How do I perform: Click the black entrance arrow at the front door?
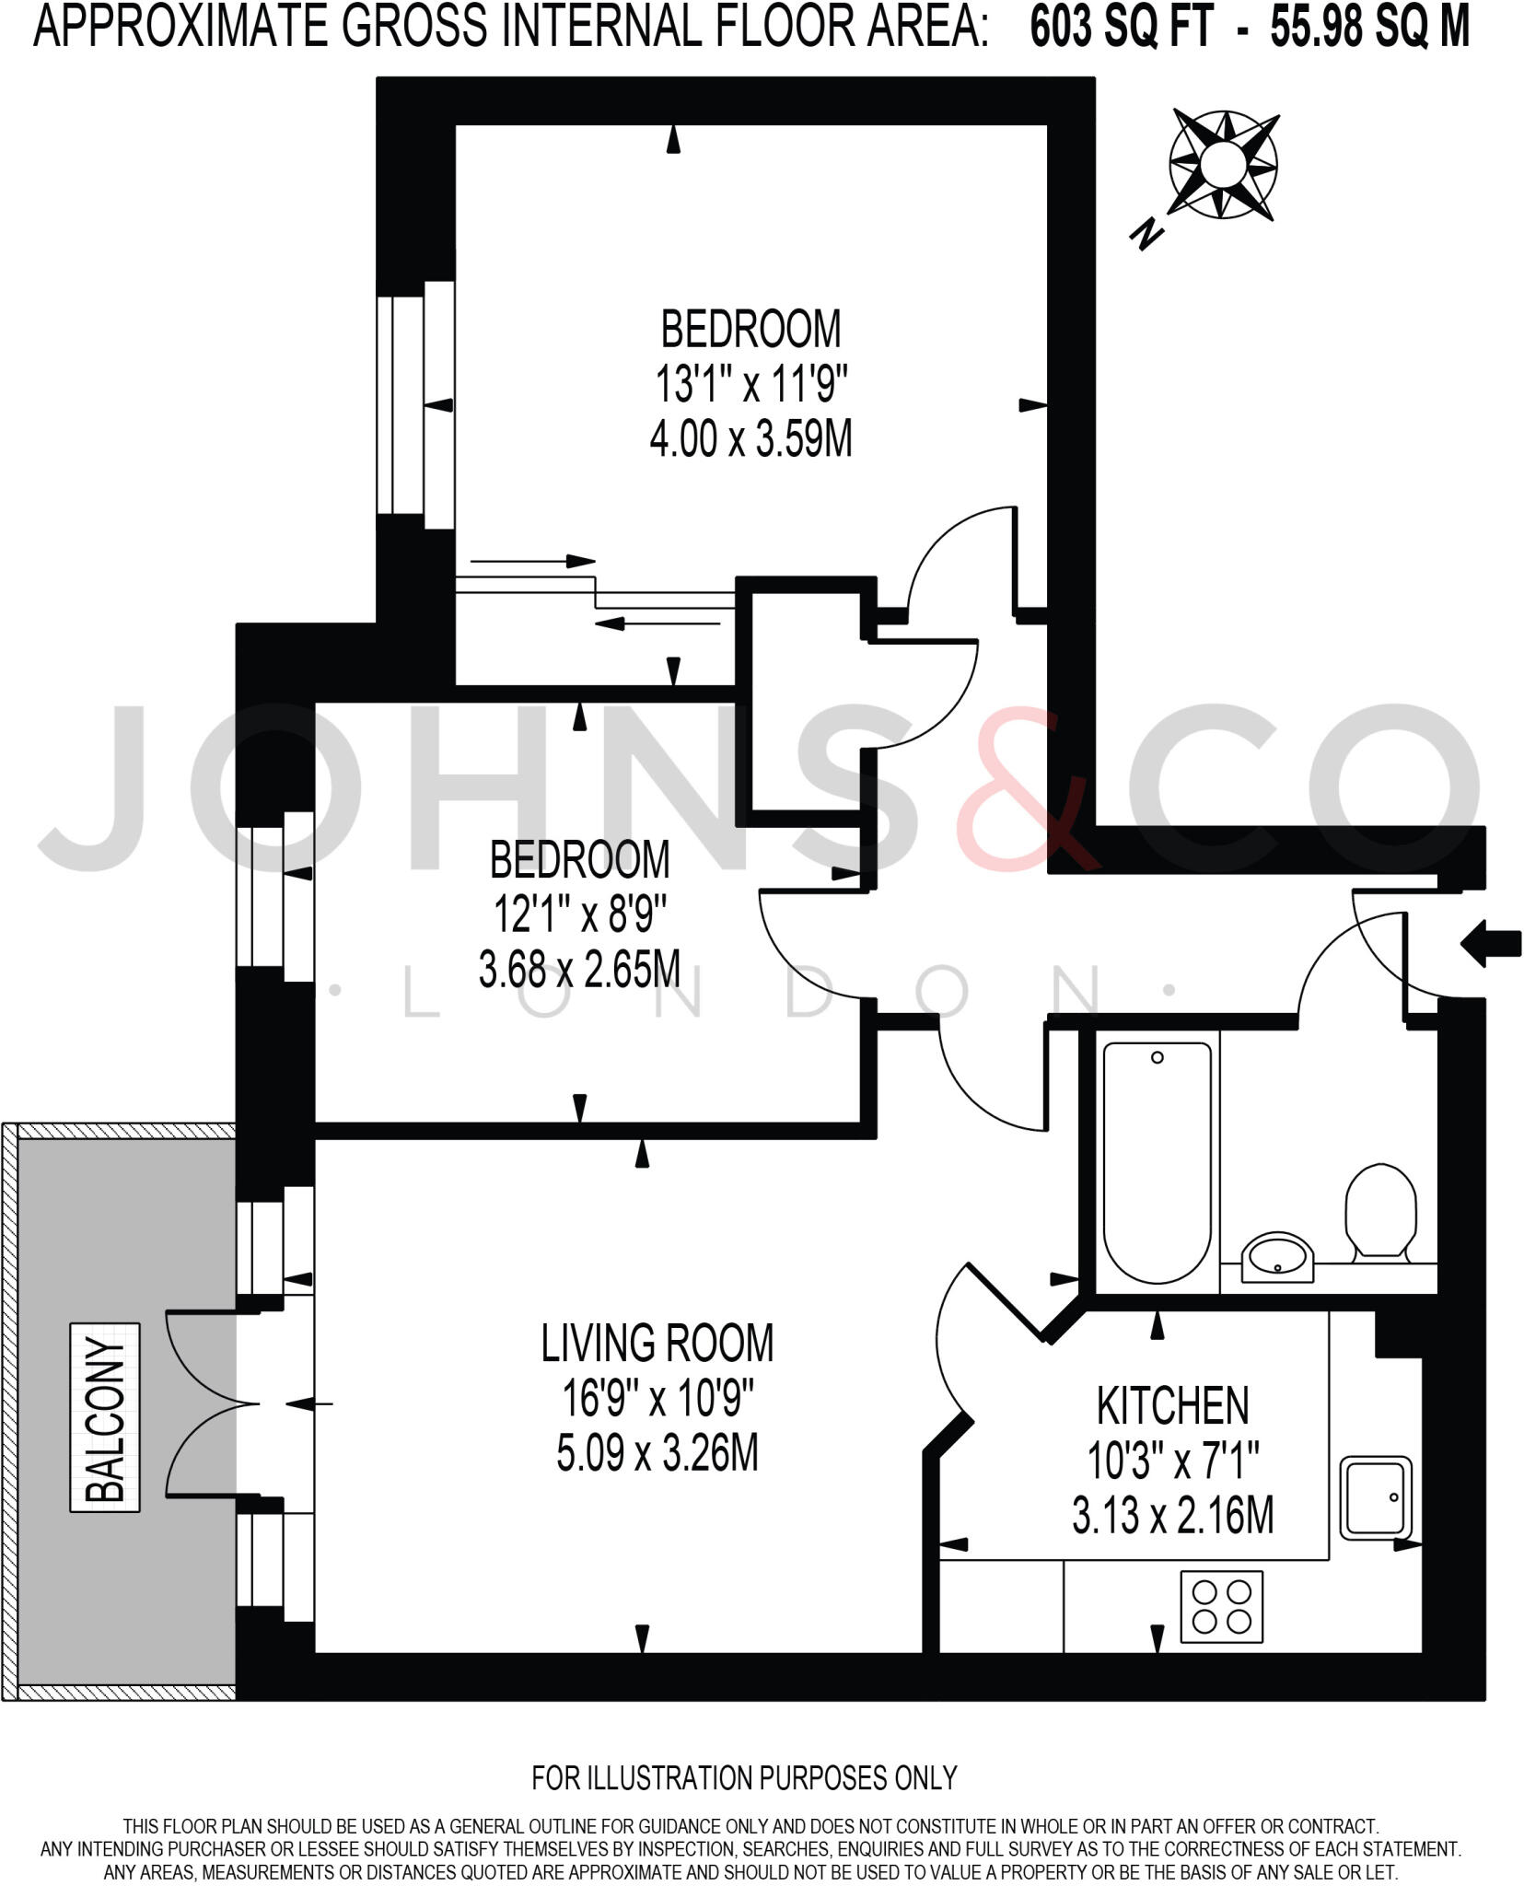point(1490,945)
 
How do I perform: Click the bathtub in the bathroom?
point(1157,1161)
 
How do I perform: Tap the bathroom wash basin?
point(1278,1256)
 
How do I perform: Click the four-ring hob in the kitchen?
point(1221,1607)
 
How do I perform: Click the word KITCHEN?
point(1172,1405)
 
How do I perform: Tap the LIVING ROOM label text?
point(657,1343)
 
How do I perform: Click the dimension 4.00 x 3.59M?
point(750,439)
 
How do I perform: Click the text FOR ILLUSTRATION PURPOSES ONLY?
point(744,1776)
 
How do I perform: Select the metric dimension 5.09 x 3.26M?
point(657,1454)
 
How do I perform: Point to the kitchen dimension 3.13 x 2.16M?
point(1172,1515)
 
